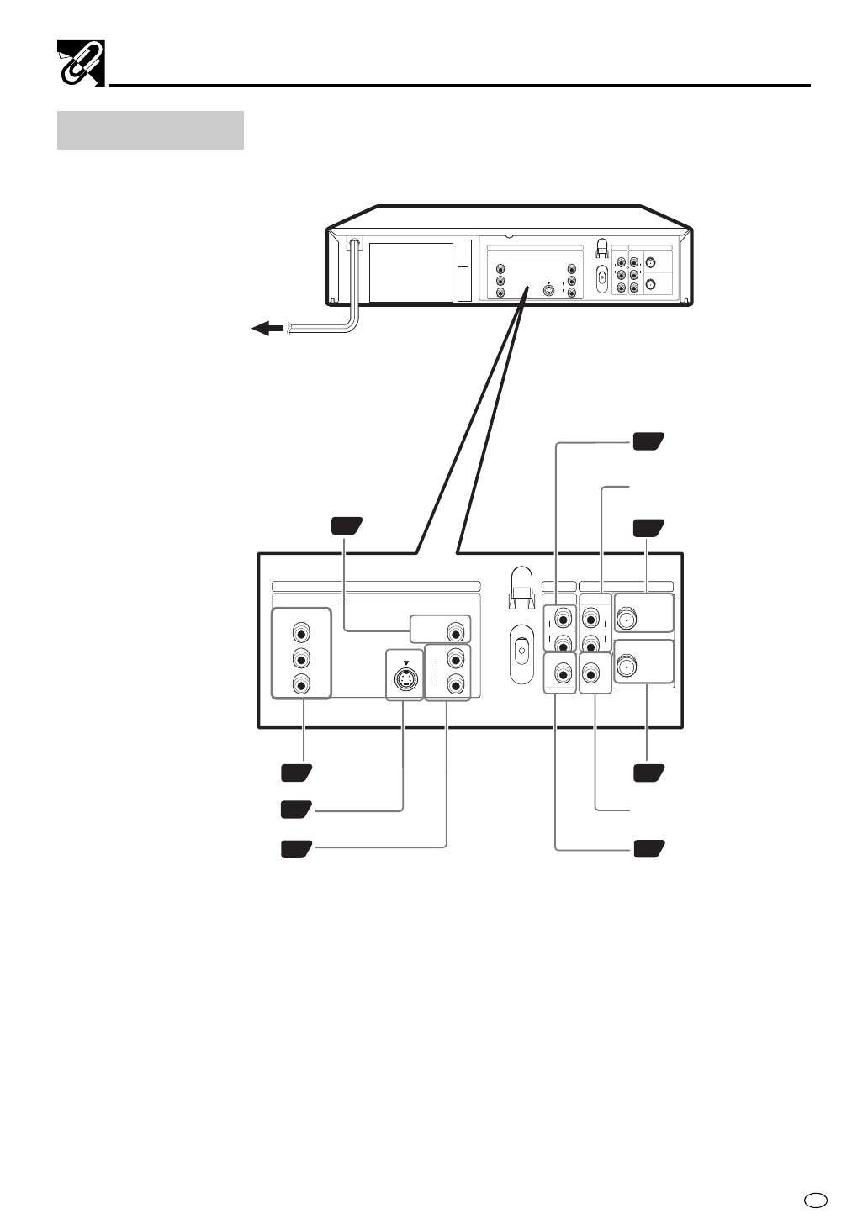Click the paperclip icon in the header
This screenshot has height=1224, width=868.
coord(80,62)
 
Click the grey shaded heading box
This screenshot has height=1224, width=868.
coord(151,130)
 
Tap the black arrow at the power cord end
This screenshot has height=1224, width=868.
coord(267,329)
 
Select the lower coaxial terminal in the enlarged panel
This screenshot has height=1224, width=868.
coord(627,668)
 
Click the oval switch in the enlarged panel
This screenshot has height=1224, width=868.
coord(521,651)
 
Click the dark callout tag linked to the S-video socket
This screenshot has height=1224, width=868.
coord(296,810)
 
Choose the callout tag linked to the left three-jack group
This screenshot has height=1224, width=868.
coord(296,773)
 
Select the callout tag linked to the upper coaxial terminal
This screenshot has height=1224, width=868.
coord(648,529)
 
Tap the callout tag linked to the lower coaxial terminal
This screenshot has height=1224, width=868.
coord(648,773)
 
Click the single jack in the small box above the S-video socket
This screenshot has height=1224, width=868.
coord(455,630)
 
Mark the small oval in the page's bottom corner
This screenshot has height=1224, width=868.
coord(814,1200)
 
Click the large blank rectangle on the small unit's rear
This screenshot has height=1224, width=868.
coord(412,273)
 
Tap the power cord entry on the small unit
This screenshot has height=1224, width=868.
coord(354,245)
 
